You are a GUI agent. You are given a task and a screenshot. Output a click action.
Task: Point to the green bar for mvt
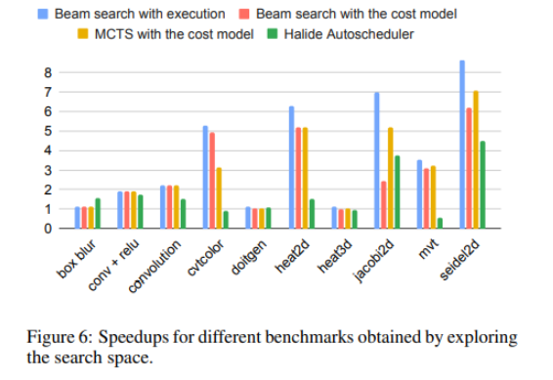coord(440,224)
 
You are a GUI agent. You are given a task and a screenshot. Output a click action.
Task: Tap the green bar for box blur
coord(98,214)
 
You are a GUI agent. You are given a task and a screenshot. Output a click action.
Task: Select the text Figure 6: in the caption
coord(56,337)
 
